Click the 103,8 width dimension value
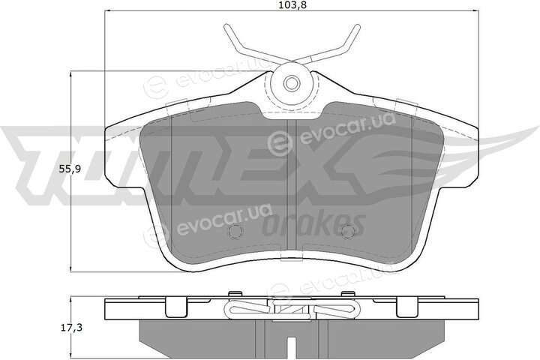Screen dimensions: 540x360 291,5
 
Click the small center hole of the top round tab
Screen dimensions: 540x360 291,83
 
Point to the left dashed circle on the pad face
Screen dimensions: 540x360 236,231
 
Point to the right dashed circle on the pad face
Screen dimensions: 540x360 347,231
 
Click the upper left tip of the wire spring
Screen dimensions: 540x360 226,26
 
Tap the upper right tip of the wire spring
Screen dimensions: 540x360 358,26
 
